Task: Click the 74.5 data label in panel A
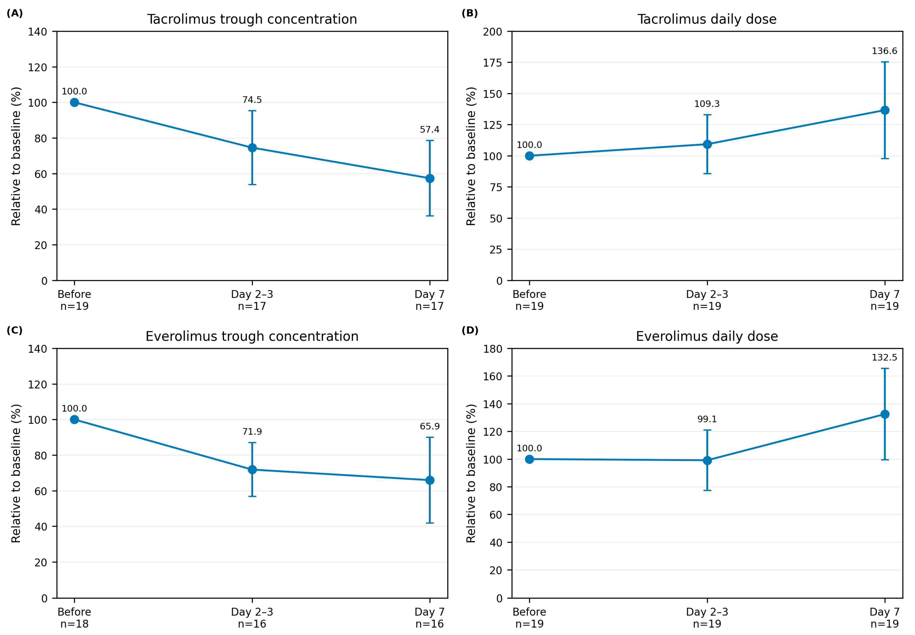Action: (x=252, y=100)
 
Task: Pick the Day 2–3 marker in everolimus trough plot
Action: (x=252, y=470)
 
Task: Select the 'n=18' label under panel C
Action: (x=74, y=624)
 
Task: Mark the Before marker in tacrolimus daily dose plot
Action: (x=529, y=156)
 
